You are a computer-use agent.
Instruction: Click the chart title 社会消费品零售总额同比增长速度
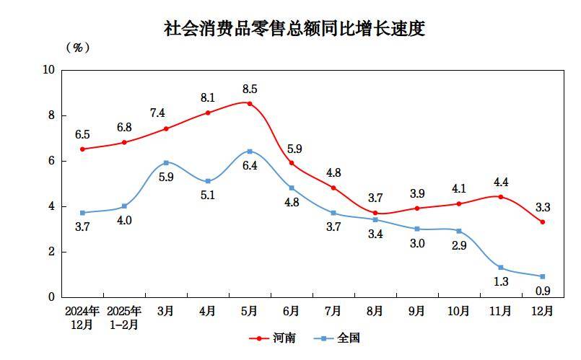[294, 30]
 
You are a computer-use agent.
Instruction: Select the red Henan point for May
[250, 103]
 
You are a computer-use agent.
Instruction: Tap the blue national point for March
[166, 162]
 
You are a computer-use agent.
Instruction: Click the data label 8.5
[250, 89]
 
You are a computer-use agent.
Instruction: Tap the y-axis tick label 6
[51, 161]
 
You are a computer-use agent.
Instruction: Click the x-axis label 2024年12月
[82, 317]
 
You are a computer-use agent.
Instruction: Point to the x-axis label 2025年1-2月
[124, 317]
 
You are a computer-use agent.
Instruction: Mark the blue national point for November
[501, 268]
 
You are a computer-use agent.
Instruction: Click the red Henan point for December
[543, 222]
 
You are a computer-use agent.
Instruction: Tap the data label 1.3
[501, 282]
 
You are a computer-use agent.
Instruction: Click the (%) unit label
[78, 48]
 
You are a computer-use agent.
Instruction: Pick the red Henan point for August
[375, 213]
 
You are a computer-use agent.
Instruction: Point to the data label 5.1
[208, 196]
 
